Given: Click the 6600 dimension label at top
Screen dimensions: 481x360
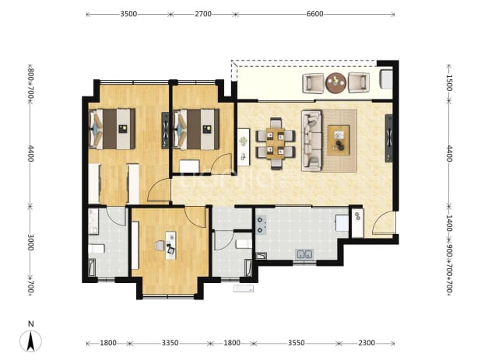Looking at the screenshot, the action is [x=314, y=14].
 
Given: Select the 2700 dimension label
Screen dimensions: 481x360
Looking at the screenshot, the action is [x=203, y=14].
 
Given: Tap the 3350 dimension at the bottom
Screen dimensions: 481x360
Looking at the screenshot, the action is [x=170, y=343].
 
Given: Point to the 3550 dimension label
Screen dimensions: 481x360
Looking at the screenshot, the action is [x=297, y=343].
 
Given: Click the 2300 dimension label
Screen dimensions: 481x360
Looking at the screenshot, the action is [x=367, y=343].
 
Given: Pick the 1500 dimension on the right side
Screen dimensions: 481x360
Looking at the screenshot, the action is [x=449, y=82].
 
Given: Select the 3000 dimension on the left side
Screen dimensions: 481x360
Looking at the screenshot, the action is [x=30, y=243].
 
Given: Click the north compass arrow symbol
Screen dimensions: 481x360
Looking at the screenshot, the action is [x=30, y=341].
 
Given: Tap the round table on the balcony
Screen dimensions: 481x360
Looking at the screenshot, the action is [x=336, y=82].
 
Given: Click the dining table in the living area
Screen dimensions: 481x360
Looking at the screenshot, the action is [x=276, y=144].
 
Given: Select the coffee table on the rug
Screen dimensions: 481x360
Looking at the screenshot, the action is [x=339, y=140].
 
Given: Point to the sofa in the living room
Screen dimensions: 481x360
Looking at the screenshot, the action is [x=311, y=140].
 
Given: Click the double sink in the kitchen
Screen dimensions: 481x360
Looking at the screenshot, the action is [x=304, y=254].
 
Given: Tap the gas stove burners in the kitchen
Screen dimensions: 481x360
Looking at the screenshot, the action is [x=261, y=225].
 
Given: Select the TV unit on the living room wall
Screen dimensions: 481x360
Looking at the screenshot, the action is [x=388, y=138].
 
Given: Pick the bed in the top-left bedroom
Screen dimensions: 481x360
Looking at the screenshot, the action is [x=112, y=129].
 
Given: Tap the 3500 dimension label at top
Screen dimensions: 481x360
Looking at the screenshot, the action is [x=128, y=14].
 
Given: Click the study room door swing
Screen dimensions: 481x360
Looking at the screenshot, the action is [x=195, y=217].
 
